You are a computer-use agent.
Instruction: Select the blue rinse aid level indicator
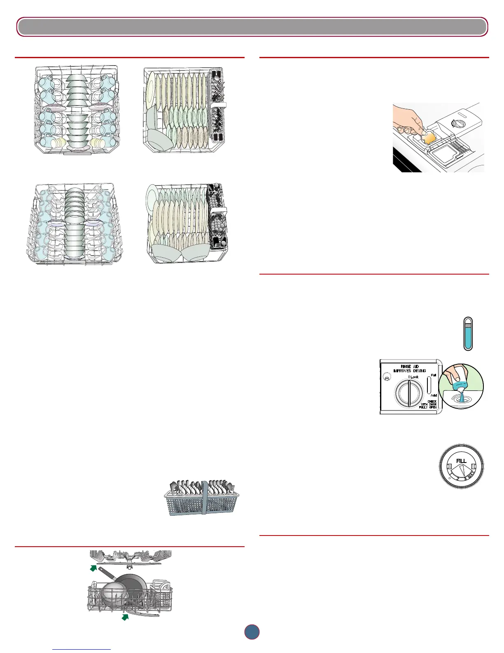(x=467, y=335)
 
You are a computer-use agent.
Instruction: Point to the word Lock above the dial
(x=413, y=377)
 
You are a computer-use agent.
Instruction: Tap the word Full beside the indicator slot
(x=433, y=375)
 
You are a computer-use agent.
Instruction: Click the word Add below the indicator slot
(x=433, y=395)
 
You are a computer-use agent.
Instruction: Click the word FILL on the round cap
(x=461, y=460)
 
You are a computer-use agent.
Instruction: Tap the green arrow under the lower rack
(x=124, y=616)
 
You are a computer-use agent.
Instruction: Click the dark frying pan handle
(x=106, y=574)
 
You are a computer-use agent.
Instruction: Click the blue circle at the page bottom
(x=252, y=632)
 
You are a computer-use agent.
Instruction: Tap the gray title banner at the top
(x=252, y=27)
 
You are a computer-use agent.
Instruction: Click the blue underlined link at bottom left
(x=82, y=649)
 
